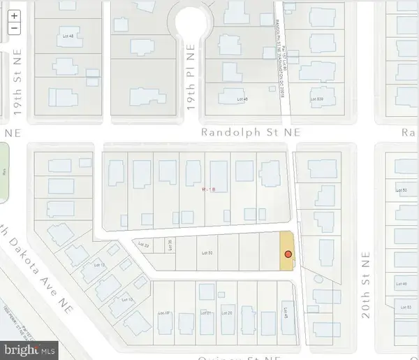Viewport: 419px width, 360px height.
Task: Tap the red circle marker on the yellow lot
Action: pyautogui.click(x=287, y=254)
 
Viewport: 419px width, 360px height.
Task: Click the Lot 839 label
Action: pyautogui.click(x=318, y=100)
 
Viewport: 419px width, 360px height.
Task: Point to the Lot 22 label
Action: pyautogui.click(x=144, y=245)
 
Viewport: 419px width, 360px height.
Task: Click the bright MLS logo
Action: pyautogui.click(x=29, y=347)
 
